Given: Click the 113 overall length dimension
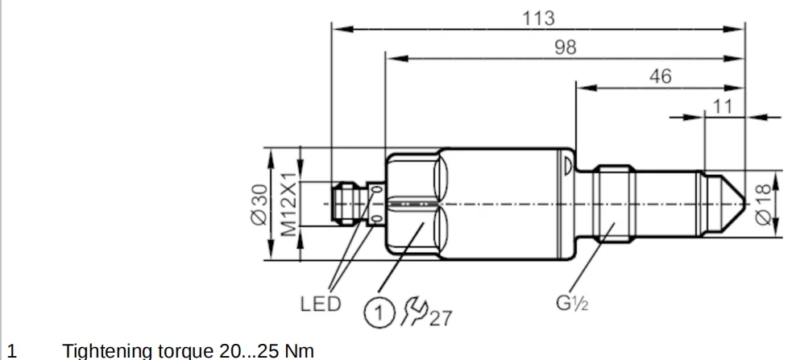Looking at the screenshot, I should (539, 18).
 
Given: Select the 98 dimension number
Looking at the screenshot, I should (566, 48).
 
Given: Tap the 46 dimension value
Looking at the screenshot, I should (660, 77).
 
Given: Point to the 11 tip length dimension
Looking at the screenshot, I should (724, 106).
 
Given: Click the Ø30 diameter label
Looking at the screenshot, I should (259, 205).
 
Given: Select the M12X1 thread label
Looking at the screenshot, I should (288, 205).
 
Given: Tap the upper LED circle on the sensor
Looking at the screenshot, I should (376, 191).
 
